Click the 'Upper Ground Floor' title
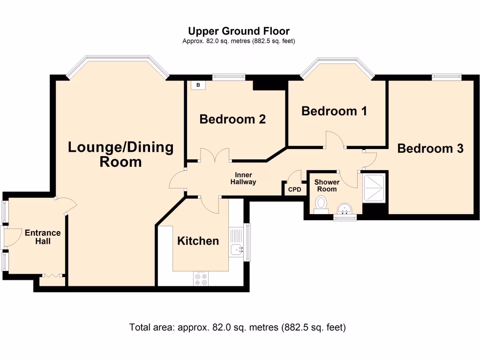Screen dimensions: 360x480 pos(242,31)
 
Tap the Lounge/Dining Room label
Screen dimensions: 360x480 pos(120,154)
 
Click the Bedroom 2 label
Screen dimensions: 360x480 pos(232,119)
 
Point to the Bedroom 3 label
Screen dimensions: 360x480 pos(430,149)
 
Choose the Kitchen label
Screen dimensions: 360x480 pos(198,241)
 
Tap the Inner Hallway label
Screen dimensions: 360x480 pos(243,179)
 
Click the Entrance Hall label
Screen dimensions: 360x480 pos(43,237)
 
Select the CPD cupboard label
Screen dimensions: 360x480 pos(294,190)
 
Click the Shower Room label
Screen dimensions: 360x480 pos(327,186)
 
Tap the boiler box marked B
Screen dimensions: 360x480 pos(198,85)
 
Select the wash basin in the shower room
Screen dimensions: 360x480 pos(345,208)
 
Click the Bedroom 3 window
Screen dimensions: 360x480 pos(446,77)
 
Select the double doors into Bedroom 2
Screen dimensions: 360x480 pos(215,156)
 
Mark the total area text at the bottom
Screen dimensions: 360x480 pos(237,327)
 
